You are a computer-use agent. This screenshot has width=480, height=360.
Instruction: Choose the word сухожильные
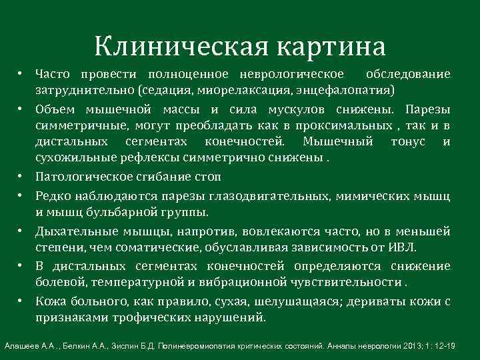pyautogui.click(x=72, y=159)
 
